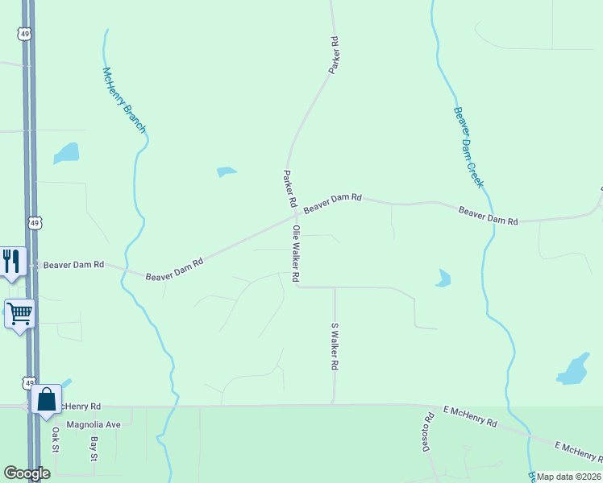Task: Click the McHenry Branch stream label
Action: point(123,100)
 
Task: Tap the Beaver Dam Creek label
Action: point(468,147)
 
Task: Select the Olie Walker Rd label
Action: point(297,254)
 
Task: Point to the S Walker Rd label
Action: point(335,346)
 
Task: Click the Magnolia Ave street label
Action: point(93,424)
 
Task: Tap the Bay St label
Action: point(94,449)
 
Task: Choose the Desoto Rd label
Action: point(428,431)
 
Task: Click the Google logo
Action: point(27,473)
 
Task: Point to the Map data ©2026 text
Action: point(568,477)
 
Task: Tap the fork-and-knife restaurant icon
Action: point(11,261)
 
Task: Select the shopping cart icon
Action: point(19,312)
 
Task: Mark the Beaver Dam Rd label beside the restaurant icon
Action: point(73,264)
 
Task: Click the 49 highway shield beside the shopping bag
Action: point(30,384)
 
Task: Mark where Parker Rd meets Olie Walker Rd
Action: point(296,215)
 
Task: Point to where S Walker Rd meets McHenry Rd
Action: point(334,405)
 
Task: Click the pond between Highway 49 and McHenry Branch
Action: point(66,152)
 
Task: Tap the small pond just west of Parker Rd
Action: point(227,171)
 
